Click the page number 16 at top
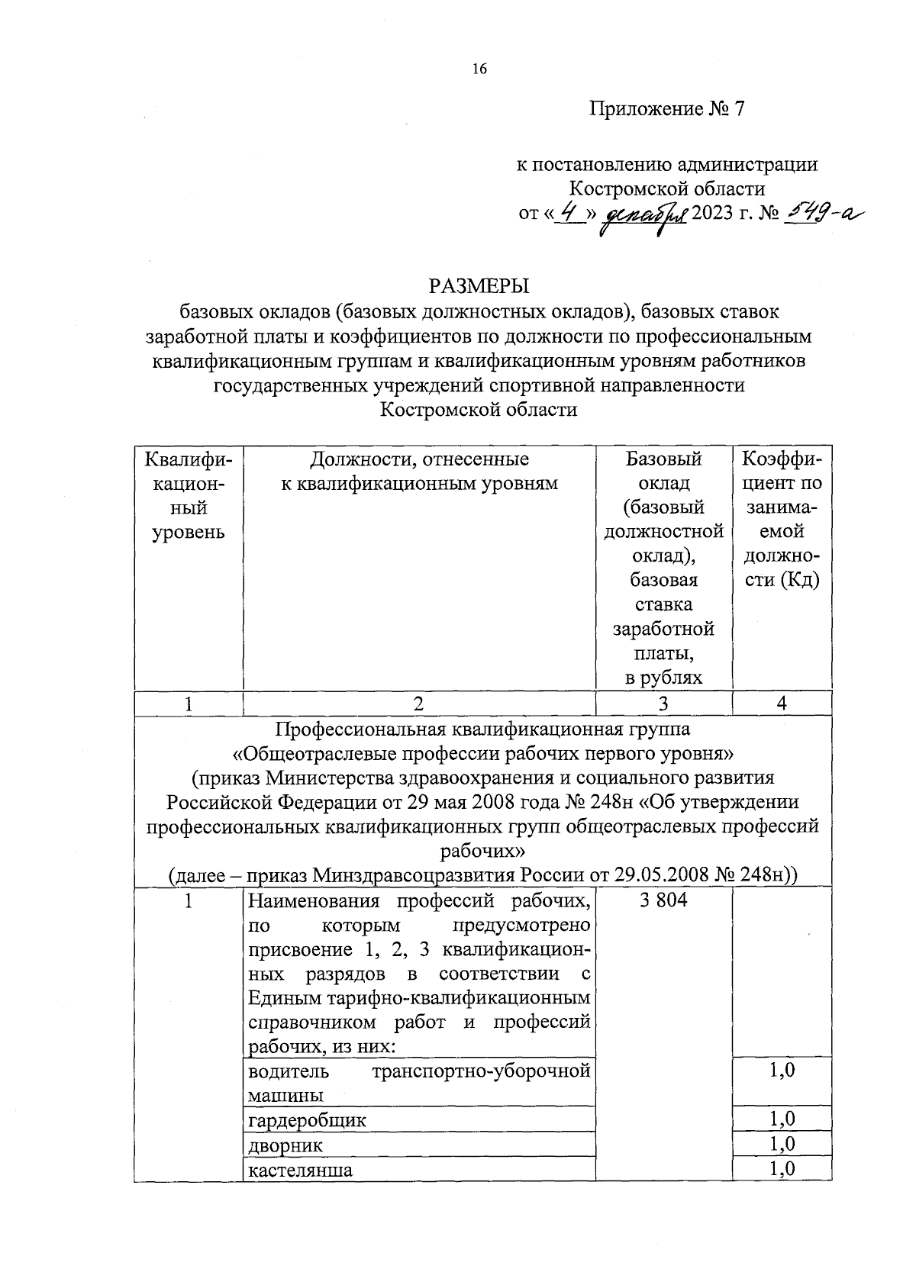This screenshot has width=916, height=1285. (479, 69)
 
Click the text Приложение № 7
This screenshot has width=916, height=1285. (666, 109)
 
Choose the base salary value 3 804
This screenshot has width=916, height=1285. (663, 900)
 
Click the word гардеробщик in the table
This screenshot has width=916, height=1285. (308, 1120)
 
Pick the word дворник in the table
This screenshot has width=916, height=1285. (285, 1145)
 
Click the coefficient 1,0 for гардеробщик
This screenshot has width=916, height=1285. (782, 1119)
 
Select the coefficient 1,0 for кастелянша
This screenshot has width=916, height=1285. (782, 1168)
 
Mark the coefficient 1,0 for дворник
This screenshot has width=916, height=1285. (782, 1143)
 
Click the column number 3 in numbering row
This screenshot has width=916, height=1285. (663, 704)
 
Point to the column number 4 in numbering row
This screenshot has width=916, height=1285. (782, 704)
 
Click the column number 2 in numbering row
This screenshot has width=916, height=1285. (418, 704)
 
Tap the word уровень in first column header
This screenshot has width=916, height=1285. (189, 532)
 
